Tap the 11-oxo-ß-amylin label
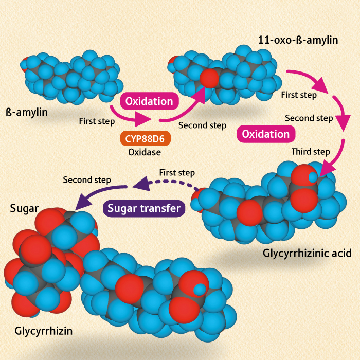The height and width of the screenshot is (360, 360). tap(299, 40)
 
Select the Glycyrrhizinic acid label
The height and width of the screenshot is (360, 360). tap(307, 253)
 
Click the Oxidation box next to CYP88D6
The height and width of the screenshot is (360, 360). tap(149, 100)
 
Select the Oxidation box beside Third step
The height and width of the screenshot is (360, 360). tap(266, 134)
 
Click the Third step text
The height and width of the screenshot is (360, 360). tap(311, 152)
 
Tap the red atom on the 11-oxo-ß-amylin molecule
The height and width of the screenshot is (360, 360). tap(209, 79)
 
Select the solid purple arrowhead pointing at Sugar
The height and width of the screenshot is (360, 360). tap(81, 204)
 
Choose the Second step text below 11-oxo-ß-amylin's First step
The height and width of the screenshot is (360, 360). tap(309, 118)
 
